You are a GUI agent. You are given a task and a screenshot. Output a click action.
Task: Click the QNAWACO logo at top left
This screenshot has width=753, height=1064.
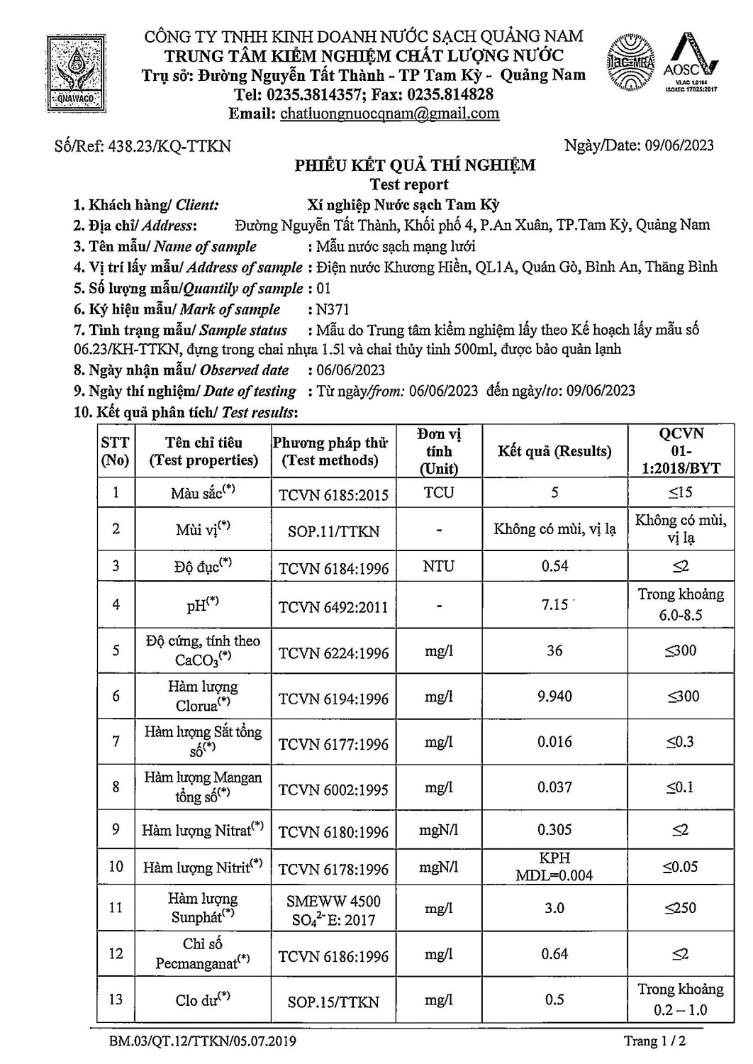(x=74, y=71)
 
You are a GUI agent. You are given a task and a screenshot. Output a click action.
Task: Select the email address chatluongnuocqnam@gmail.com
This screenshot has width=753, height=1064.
(x=389, y=113)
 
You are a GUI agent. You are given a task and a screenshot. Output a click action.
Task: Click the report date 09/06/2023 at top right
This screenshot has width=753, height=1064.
(x=679, y=146)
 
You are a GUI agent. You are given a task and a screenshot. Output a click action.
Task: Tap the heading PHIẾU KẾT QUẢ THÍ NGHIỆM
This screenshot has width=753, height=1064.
(x=415, y=166)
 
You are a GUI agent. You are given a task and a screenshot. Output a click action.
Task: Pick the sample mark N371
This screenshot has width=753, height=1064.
(x=334, y=309)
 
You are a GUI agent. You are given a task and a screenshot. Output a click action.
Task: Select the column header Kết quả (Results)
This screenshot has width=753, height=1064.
(x=554, y=451)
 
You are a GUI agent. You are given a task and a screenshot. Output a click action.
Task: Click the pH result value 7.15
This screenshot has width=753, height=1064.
(x=554, y=605)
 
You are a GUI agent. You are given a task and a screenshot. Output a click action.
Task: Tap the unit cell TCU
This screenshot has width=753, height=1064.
(x=439, y=492)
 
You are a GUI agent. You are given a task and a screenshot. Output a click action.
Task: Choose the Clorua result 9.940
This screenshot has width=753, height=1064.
(x=554, y=697)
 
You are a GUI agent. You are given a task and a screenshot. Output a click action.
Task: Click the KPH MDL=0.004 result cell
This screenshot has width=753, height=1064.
(x=554, y=867)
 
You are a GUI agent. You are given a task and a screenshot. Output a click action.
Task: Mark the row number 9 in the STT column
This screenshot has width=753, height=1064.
(x=116, y=829)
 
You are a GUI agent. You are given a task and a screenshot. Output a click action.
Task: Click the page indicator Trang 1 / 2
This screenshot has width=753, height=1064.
(x=654, y=1041)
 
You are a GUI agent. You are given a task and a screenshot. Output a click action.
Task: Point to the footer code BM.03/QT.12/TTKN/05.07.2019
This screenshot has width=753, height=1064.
(x=203, y=1042)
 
